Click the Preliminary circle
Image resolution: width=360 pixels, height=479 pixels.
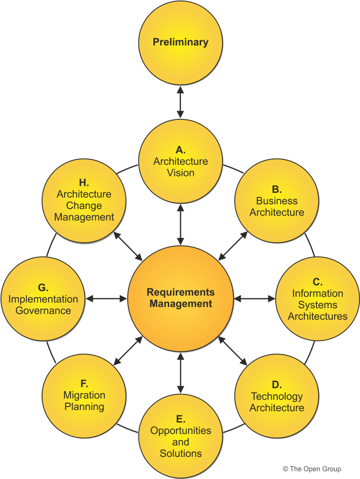[x=180, y=42]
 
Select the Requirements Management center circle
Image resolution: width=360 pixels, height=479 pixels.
[x=180, y=298]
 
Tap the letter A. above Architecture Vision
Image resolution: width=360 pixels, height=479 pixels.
[x=180, y=150]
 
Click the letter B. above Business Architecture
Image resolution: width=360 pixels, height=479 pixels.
[x=276, y=189]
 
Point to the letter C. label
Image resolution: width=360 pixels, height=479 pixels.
[x=317, y=282]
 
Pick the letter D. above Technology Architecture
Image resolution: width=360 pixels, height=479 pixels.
[x=276, y=385]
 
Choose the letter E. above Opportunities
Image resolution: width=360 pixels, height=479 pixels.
[x=180, y=419]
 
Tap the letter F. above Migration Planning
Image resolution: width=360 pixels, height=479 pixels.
[x=84, y=384]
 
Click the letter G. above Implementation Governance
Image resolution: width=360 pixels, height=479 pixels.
[x=43, y=287]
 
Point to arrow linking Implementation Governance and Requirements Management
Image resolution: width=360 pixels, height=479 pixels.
[x=107, y=298]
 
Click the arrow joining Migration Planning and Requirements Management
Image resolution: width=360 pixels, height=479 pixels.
[x=128, y=350]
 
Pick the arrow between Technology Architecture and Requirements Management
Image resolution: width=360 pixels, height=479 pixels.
[x=233, y=350]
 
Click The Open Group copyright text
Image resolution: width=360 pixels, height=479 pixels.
[x=312, y=469]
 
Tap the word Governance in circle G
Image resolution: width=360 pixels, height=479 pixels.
[x=43, y=311]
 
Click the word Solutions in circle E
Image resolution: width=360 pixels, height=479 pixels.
[x=180, y=453]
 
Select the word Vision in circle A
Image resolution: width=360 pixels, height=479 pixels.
[x=180, y=173]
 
